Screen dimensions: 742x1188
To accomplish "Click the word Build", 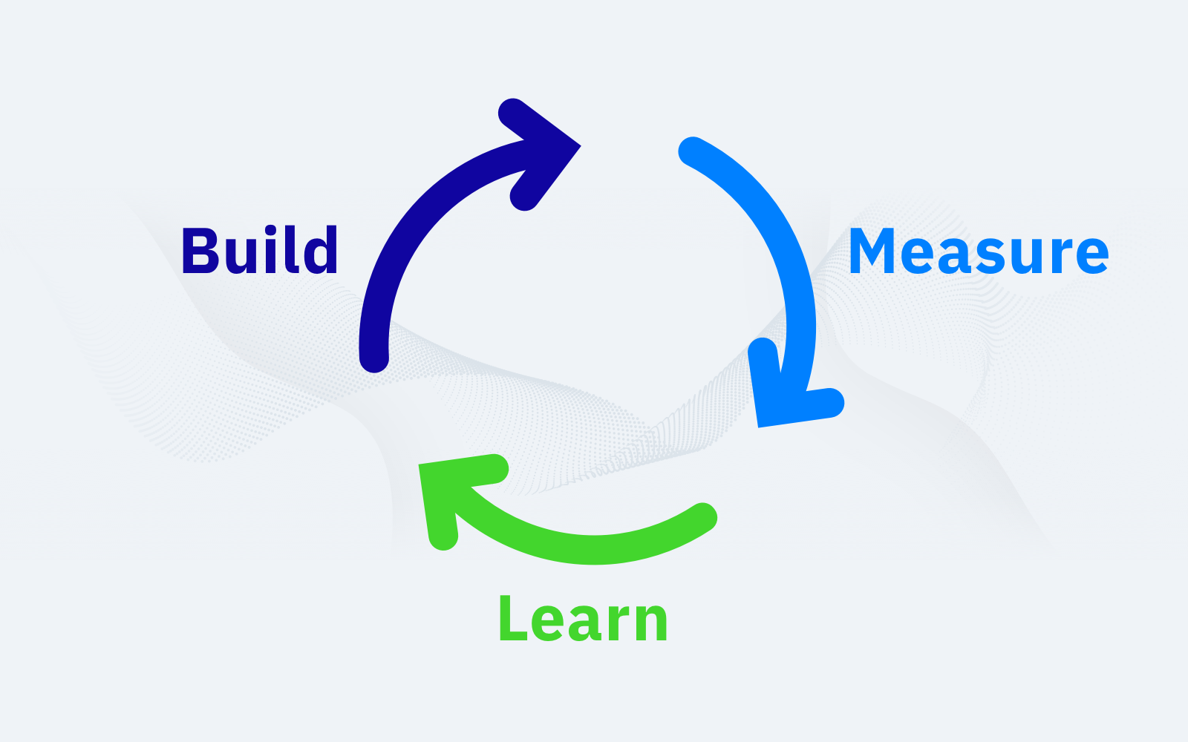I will click(x=260, y=250).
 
